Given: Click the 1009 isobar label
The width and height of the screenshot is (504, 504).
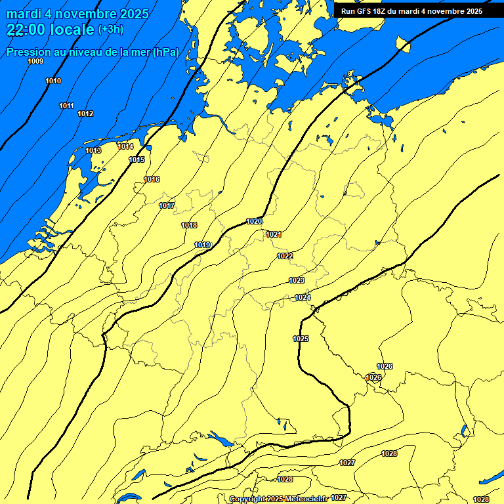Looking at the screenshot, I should [35, 61].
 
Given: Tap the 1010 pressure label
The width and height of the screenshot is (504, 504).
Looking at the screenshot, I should [53, 81].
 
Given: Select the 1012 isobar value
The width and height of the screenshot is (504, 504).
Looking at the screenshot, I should [85, 114].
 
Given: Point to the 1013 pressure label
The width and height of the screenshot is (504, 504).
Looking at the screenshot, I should [93, 150].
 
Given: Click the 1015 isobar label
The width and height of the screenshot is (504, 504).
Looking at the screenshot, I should [136, 159].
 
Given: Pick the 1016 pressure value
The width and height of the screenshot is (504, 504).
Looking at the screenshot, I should [152, 179].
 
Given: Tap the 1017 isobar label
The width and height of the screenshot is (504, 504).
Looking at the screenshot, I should [167, 205].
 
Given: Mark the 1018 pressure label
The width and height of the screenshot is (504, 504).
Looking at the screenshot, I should [189, 225].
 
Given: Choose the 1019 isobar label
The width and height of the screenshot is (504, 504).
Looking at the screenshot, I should [202, 245].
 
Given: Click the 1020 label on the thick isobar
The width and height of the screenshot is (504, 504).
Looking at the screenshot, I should [254, 221].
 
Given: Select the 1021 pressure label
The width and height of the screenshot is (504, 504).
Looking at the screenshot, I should [274, 234].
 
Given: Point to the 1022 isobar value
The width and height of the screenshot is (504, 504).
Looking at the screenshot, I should [285, 256].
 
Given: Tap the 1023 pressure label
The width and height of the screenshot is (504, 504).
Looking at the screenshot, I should [297, 280].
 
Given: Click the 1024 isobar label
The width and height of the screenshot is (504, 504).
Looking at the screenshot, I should [303, 297].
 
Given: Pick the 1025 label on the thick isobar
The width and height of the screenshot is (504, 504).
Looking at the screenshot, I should [301, 339].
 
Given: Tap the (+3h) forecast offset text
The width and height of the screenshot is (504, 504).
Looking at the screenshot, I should [110, 30].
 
